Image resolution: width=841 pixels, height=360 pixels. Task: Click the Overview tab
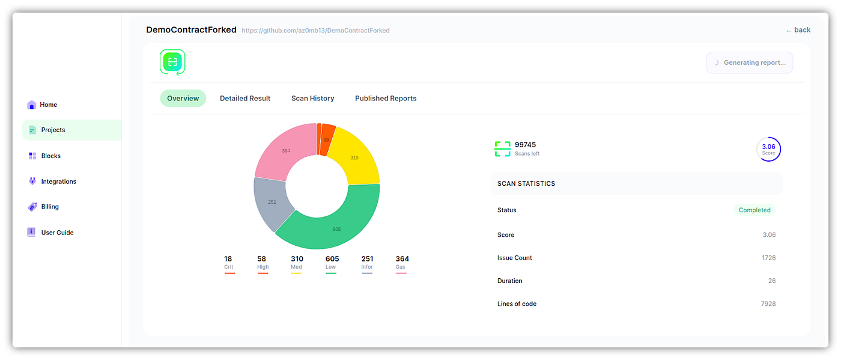[x=183, y=99]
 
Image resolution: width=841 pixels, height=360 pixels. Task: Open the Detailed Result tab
[x=245, y=99]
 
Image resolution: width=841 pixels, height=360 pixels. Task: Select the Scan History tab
[x=312, y=99]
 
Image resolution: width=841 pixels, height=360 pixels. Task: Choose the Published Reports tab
[x=386, y=99]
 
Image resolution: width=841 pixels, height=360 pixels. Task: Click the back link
[x=798, y=30]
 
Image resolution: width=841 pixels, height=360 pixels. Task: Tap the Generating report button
[x=749, y=63]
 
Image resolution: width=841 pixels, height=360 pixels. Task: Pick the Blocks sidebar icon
[x=32, y=156]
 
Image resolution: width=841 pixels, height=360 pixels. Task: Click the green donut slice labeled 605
[x=336, y=229]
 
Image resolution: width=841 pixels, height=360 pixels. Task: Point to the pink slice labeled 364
[x=286, y=150]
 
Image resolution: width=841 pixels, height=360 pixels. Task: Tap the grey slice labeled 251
[x=272, y=202]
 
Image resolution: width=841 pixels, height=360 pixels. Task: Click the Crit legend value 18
[x=228, y=259]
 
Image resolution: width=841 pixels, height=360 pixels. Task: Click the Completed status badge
[x=754, y=210]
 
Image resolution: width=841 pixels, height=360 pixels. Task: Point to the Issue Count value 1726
[x=768, y=258]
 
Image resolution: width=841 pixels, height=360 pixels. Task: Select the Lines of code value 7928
[x=768, y=304]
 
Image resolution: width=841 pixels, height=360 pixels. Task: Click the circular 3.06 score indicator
[x=768, y=150]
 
